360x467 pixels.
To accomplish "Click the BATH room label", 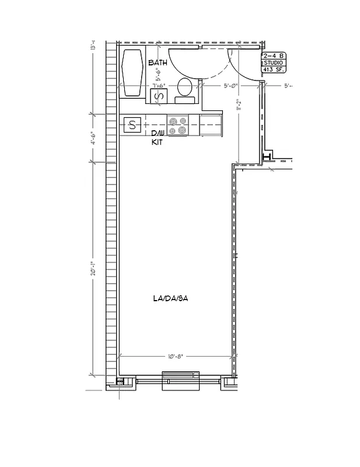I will coord(158,62).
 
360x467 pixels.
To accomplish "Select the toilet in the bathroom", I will coord(185,88).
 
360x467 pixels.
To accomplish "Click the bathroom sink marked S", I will coord(156,97).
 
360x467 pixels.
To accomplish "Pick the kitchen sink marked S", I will coord(132,124).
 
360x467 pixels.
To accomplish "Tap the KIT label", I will coord(157,142).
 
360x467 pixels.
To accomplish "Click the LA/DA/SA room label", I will coord(170,299).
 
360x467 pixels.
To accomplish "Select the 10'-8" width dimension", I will coord(175,356).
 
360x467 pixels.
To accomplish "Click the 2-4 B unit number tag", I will coord(273,56).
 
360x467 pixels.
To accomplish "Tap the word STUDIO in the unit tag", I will coord(273,62).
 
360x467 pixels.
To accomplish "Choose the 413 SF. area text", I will coord(273,69).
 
